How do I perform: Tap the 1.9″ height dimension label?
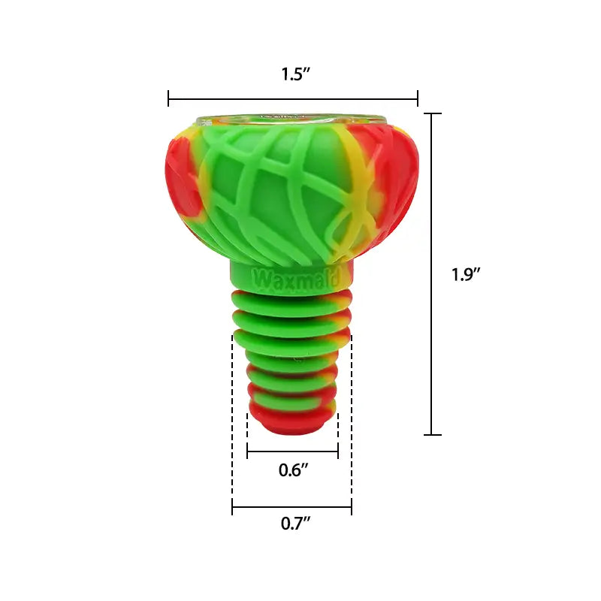[466, 274]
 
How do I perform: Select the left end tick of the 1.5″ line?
[169, 98]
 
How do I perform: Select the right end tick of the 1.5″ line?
[418, 98]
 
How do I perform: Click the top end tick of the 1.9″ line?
[432, 113]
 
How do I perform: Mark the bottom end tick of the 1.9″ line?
[432, 434]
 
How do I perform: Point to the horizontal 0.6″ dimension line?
[293, 452]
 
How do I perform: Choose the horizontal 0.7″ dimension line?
[293, 508]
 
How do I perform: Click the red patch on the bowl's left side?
[180, 180]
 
